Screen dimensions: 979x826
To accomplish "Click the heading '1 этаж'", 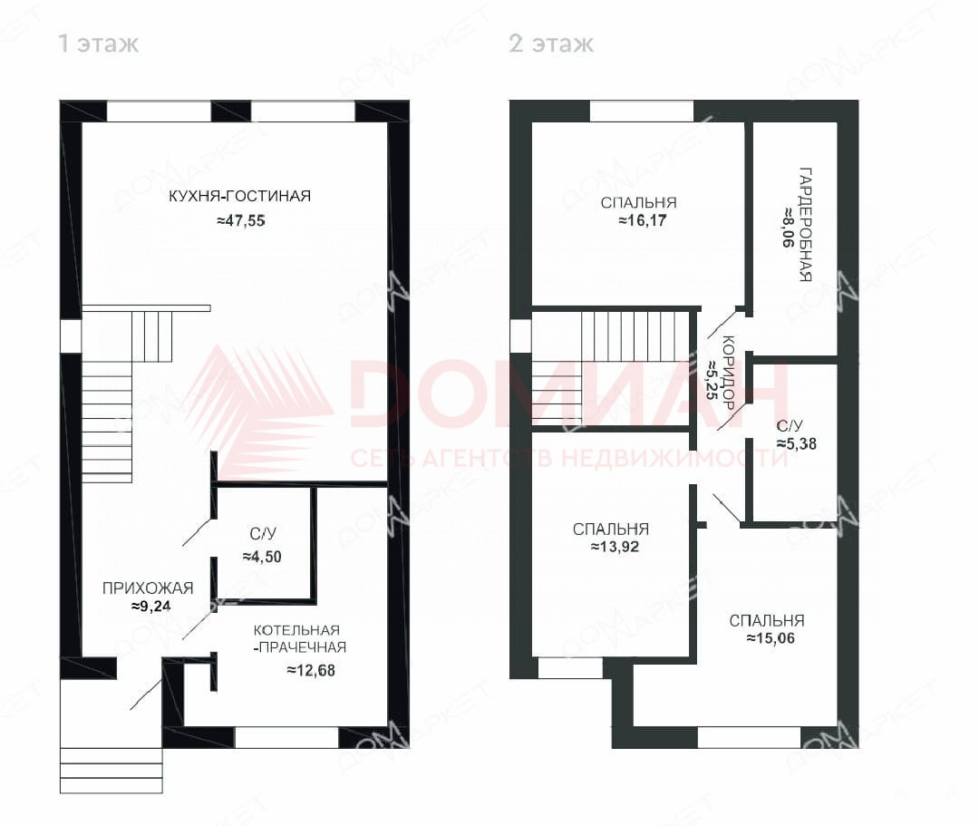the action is click(98, 44).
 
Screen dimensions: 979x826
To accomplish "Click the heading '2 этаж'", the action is click(551, 44).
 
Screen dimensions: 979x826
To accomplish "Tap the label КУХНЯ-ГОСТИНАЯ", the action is click(239, 196).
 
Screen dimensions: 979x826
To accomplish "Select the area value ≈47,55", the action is click(241, 220).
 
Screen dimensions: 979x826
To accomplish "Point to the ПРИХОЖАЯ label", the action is click(148, 588).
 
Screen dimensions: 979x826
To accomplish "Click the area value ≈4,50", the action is click(262, 557).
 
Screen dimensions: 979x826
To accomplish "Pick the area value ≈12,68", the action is click(311, 671).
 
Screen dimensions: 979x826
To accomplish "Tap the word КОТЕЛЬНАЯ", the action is click(296, 630).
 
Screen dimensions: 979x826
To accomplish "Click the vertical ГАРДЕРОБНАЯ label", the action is click(806, 224).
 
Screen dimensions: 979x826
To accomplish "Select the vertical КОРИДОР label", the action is click(727, 372).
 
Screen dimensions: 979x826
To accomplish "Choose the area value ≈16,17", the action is click(643, 220).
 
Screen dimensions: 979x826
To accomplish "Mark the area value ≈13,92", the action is click(615, 547).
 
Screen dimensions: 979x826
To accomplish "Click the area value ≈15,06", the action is click(771, 638).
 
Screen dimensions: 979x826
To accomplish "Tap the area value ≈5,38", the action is click(796, 444).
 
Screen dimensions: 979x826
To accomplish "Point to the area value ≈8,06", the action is click(789, 227).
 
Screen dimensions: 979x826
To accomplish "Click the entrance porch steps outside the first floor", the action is click(111, 771).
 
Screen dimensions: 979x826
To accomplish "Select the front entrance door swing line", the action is click(146, 695).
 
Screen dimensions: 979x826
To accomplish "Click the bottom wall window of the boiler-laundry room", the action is click(286, 737).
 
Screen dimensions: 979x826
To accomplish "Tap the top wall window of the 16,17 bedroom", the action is click(641, 112).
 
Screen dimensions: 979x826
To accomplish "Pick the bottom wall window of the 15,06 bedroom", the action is click(749, 737).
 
